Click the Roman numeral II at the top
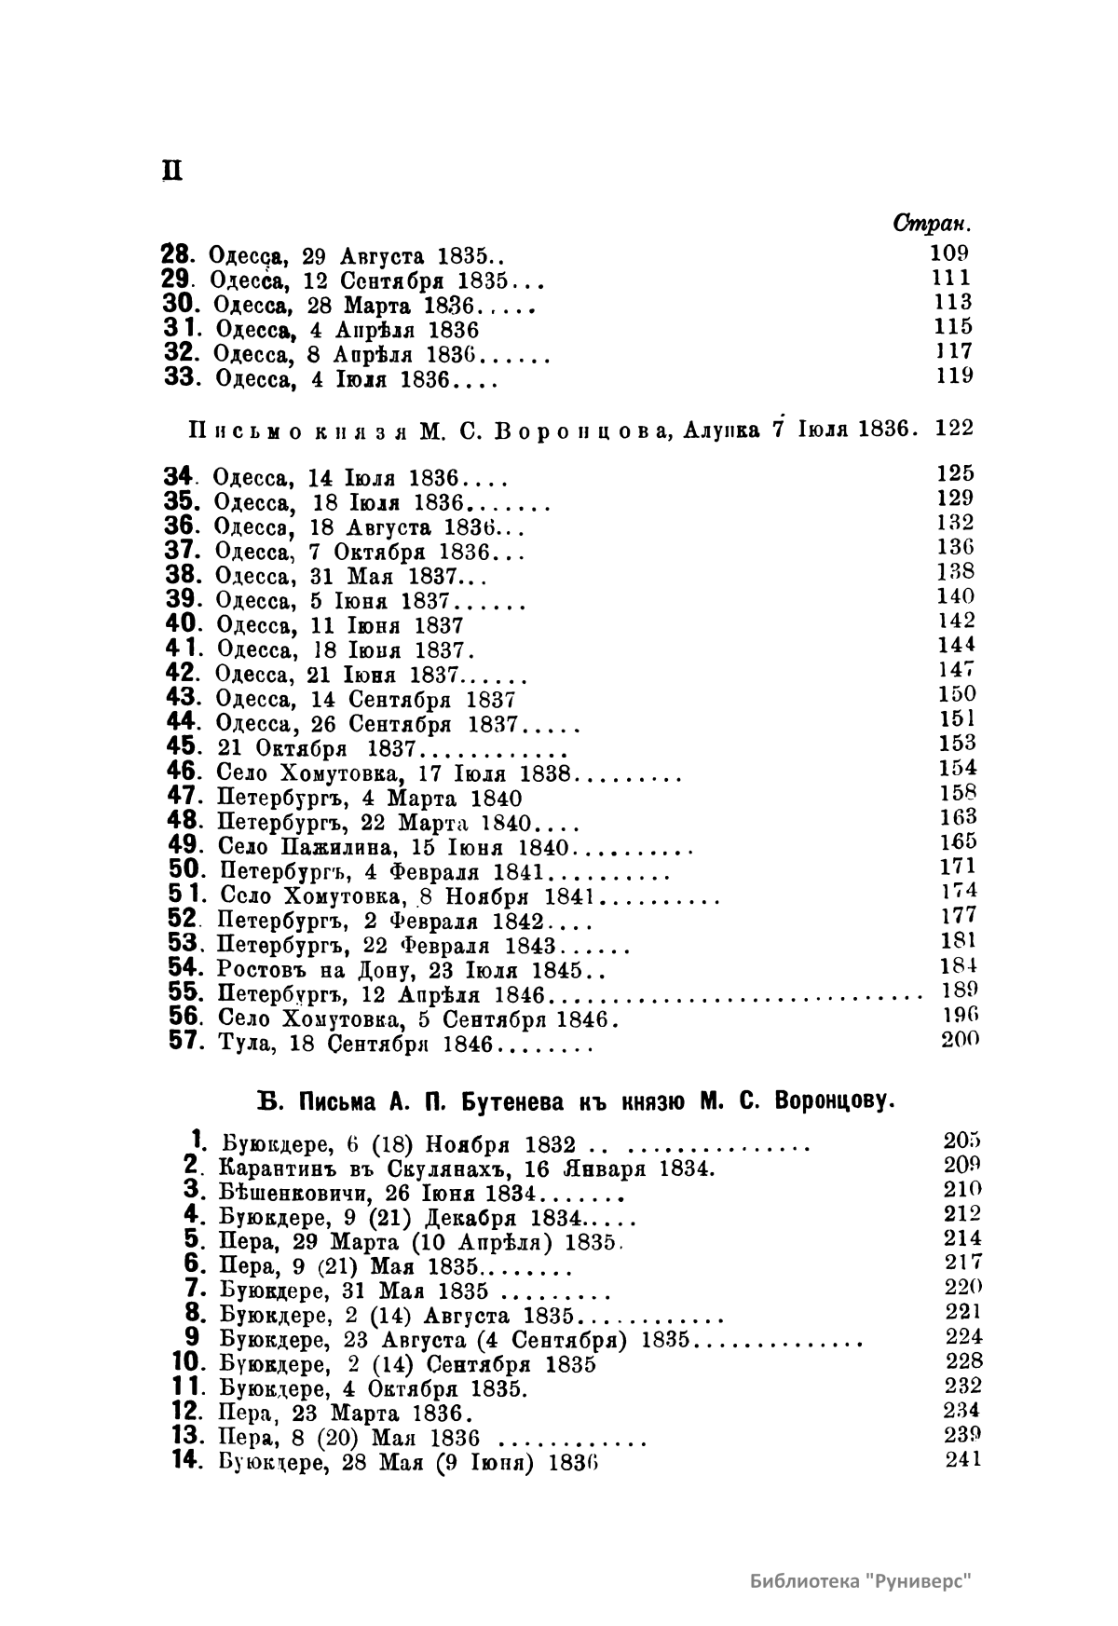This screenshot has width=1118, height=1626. (x=170, y=173)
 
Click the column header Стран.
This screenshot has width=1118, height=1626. (x=931, y=225)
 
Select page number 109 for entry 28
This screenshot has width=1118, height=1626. (x=949, y=252)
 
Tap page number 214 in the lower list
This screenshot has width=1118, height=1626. (x=963, y=1238)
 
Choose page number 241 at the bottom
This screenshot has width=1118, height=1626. (x=963, y=1460)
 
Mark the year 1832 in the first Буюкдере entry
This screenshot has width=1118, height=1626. (x=550, y=1145)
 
